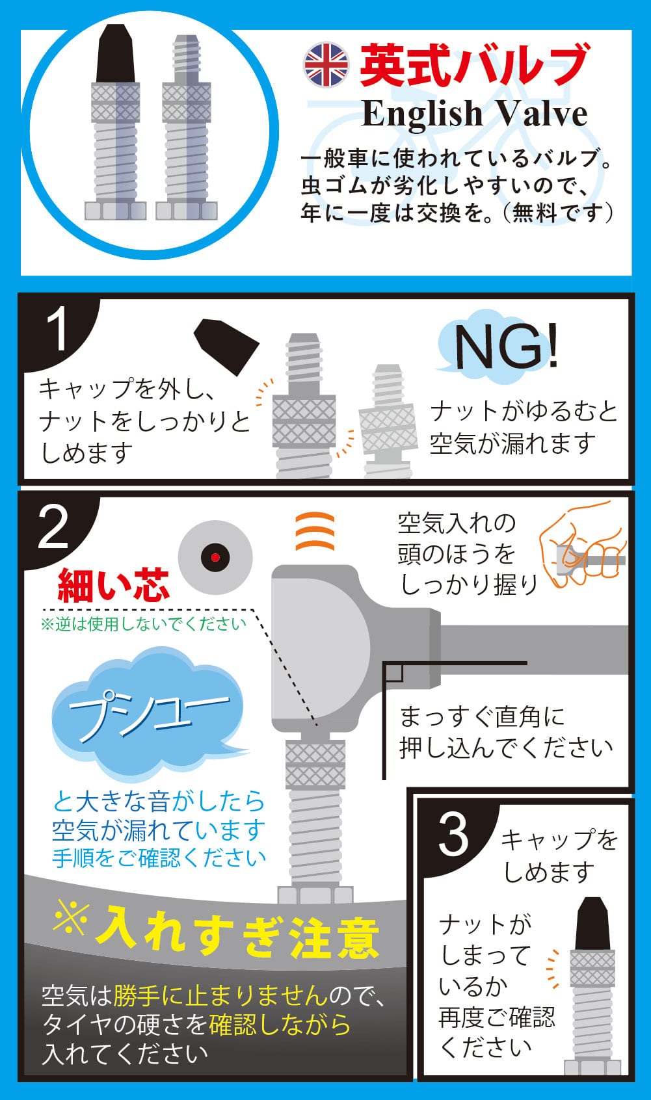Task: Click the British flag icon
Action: coord(326,65)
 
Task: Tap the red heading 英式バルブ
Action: coord(474,65)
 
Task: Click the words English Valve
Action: coord(474,114)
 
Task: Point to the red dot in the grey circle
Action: coord(215,557)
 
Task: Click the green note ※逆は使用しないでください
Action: coord(144,625)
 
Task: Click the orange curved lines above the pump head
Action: coord(315,531)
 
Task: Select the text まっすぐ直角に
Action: coord(482,717)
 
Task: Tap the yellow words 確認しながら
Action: coord(280,1025)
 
